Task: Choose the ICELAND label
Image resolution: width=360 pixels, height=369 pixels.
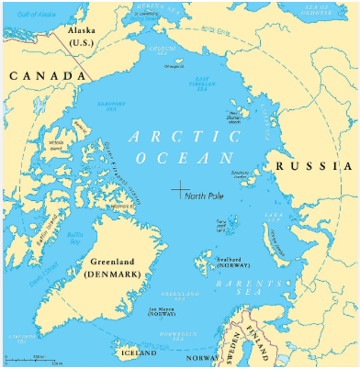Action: (x=135, y=351)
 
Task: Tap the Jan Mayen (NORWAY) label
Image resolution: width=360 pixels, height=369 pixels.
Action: (x=161, y=310)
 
